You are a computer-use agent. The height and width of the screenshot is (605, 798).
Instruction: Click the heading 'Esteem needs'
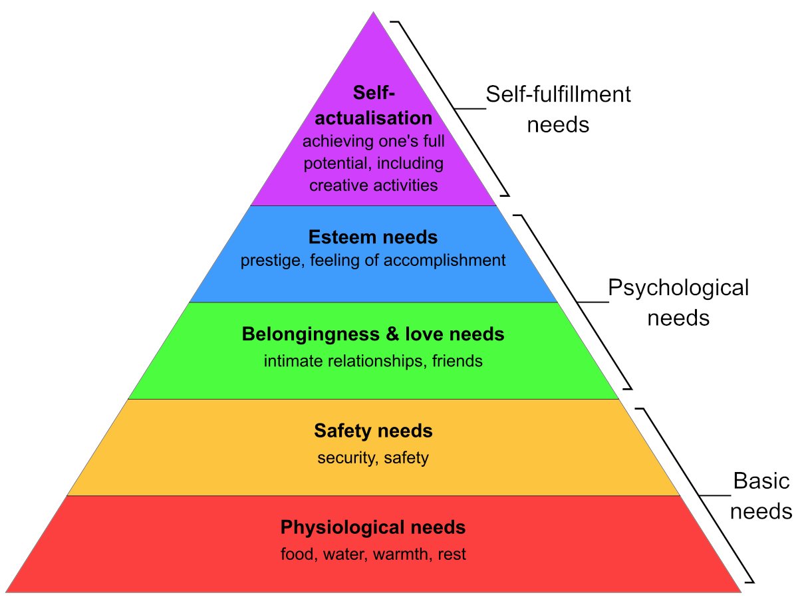tap(373, 237)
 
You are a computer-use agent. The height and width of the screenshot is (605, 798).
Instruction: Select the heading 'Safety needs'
tap(373, 431)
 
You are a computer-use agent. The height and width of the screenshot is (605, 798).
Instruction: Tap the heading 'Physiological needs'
tap(373, 528)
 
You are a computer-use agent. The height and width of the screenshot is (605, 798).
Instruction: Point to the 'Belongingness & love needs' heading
tap(373, 334)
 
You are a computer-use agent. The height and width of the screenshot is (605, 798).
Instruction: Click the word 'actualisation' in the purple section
tap(373, 118)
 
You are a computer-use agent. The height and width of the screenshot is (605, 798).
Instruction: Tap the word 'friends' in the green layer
tap(457, 361)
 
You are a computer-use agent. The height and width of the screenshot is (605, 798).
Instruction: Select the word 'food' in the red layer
tap(297, 554)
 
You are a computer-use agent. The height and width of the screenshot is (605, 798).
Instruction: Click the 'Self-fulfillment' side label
tap(558, 94)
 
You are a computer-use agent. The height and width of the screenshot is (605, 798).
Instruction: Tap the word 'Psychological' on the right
tap(678, 288)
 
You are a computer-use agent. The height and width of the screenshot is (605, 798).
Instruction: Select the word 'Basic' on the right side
tap(761, 481)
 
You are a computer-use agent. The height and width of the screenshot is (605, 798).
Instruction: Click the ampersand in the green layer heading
tap(392, 334)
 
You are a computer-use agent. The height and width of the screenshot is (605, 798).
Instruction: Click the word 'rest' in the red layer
tap(452, 554)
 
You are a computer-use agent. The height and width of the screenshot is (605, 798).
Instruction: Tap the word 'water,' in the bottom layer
tap(342, 554)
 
